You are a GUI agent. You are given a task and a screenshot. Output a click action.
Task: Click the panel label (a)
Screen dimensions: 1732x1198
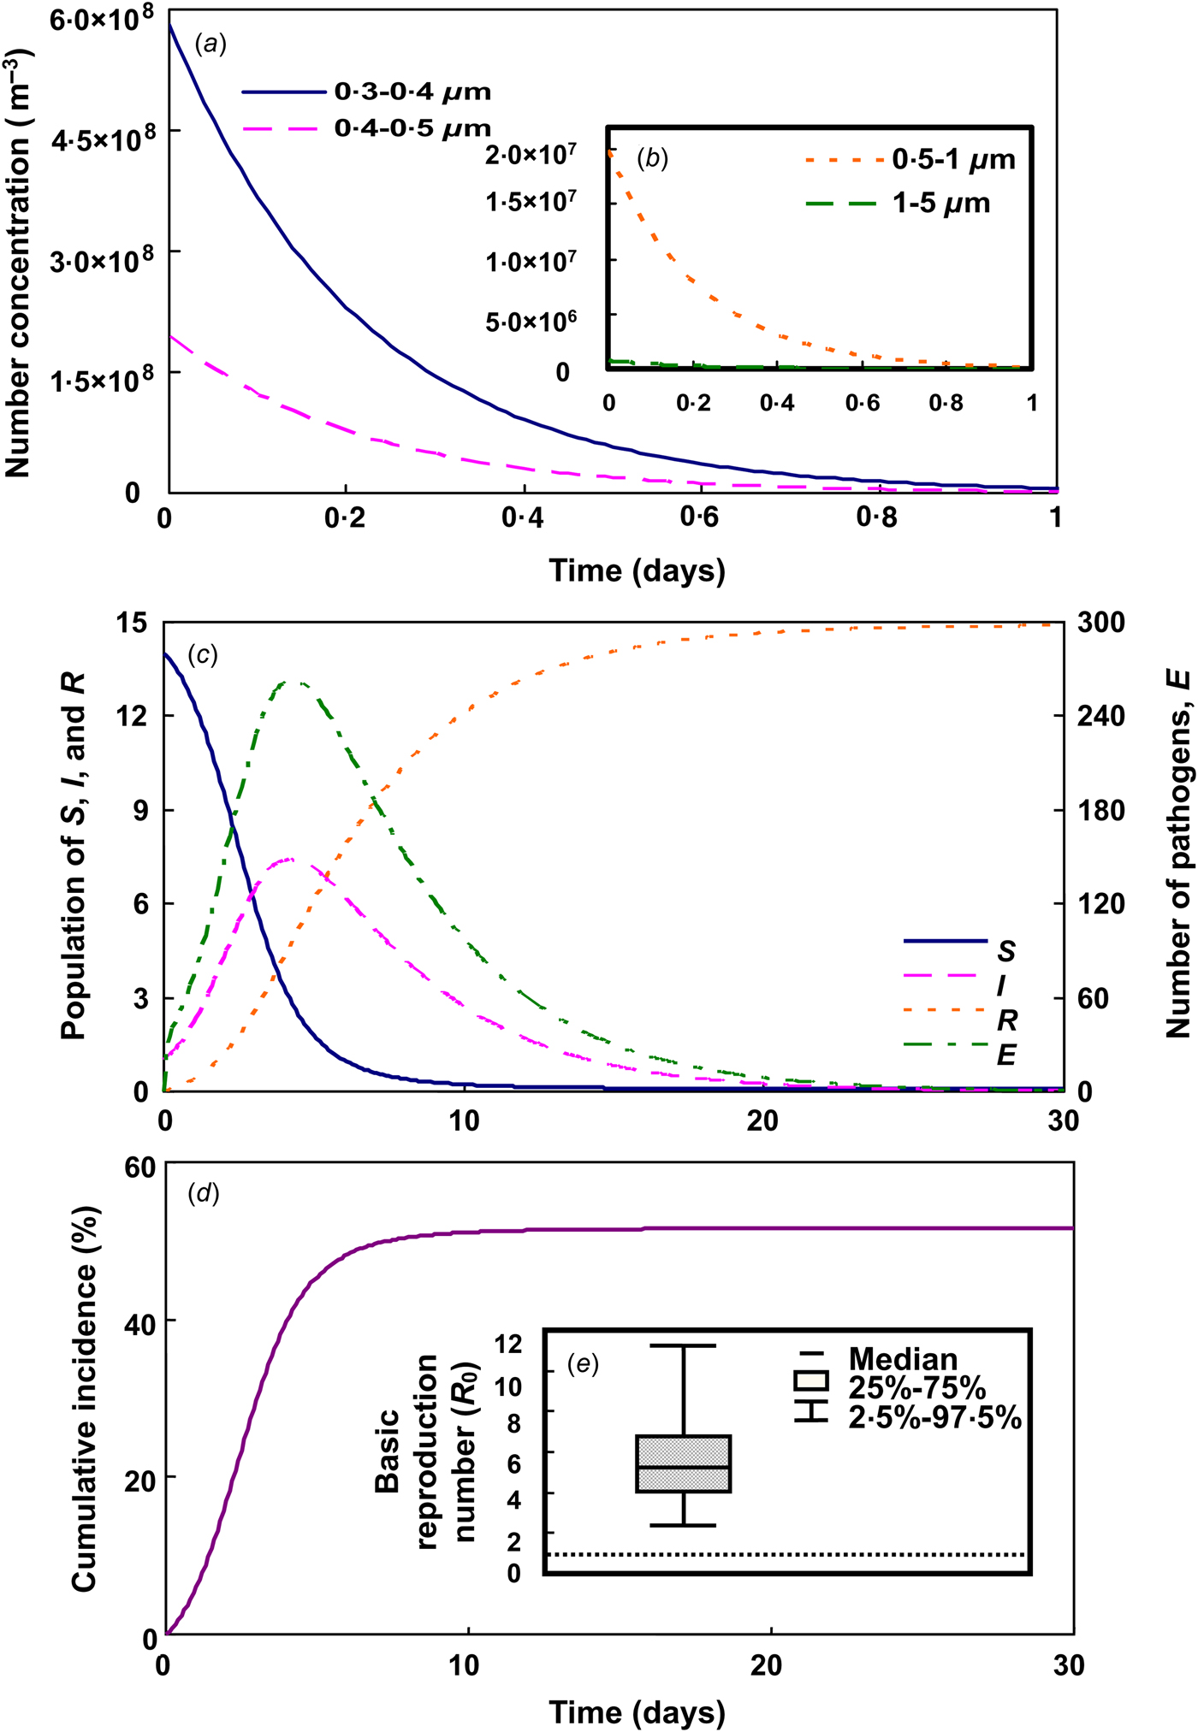[211, 44]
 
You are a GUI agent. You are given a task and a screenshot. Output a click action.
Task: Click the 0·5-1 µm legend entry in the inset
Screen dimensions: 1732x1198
[953, 160]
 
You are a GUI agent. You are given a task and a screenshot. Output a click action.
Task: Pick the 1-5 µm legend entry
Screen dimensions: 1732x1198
[941, 204]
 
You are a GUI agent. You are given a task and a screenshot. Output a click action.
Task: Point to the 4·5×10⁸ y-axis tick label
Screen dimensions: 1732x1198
[102, 140]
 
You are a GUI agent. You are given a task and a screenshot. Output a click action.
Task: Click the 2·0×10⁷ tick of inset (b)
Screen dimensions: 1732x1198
[531, 155]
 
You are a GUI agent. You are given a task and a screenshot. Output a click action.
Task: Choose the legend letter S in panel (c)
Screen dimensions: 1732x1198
[1006, 951]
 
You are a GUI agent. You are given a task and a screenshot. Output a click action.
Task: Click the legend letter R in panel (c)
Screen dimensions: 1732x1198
[1006, 1020]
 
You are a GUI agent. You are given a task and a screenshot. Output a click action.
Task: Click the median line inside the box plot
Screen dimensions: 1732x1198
[684, 1467]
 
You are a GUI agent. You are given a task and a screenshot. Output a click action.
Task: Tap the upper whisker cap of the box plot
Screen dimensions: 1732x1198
[684, 1346]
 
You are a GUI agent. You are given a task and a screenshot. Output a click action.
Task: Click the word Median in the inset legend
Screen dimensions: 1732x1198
[903, 1359]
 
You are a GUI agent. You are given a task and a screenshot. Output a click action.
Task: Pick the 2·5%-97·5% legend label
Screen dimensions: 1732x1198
[934, 1418]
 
